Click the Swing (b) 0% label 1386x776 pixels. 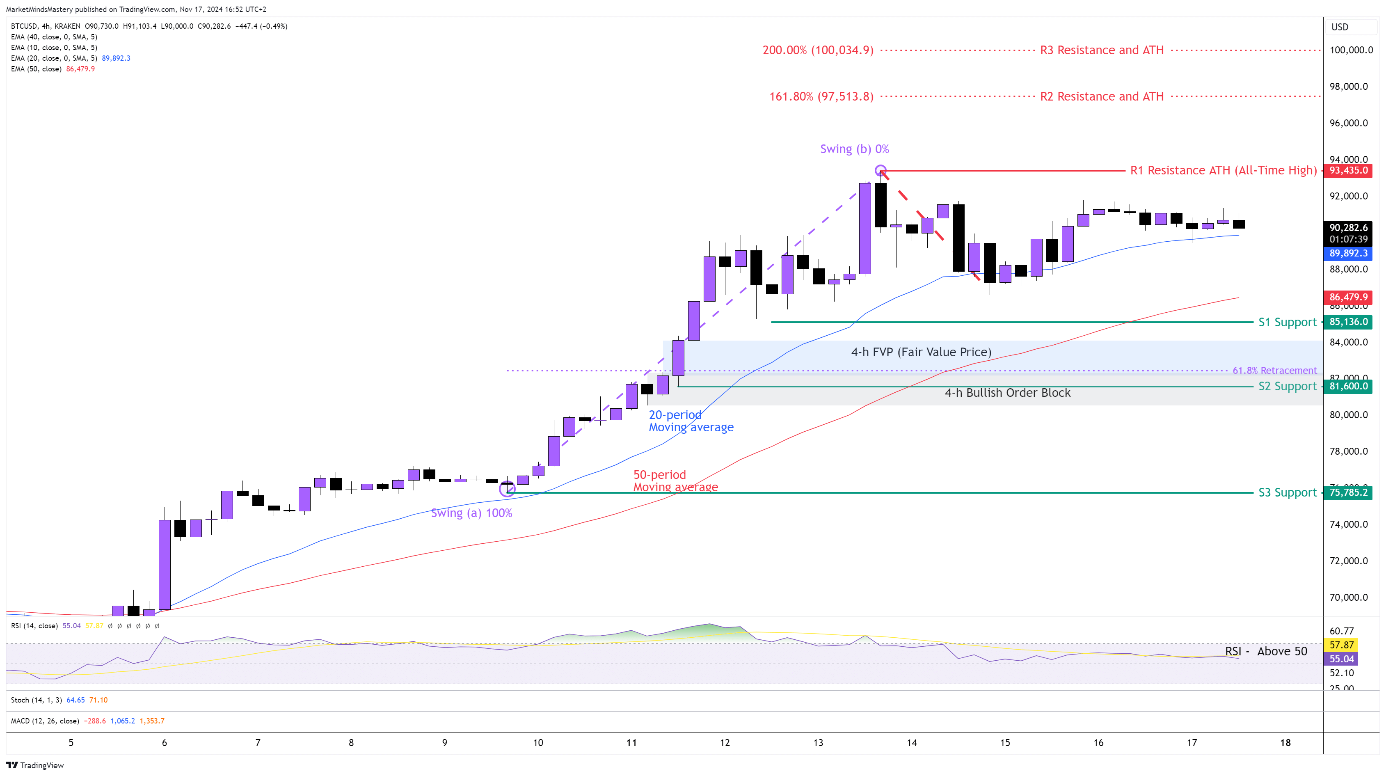click(854, 149)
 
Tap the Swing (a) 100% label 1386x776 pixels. click(471, 513)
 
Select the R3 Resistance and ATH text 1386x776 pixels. click(1101, 50)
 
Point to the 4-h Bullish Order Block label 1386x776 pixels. click(1007, 393)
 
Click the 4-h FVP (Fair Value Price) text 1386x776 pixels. click(921, 352)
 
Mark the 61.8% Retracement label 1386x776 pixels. click(1274, 370)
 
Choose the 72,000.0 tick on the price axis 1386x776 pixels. click(1348, 561)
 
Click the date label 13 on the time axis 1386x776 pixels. click(818, 743)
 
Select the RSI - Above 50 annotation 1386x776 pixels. click(1265, 651)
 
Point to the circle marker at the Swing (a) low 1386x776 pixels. click(507, 489)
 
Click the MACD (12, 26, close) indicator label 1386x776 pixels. click(45, 721)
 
